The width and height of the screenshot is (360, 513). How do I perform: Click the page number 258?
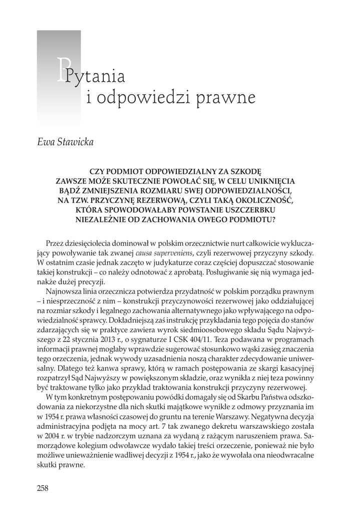(x=43, y=488)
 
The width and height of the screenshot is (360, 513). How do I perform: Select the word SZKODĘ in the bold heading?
(x=253, y=171)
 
